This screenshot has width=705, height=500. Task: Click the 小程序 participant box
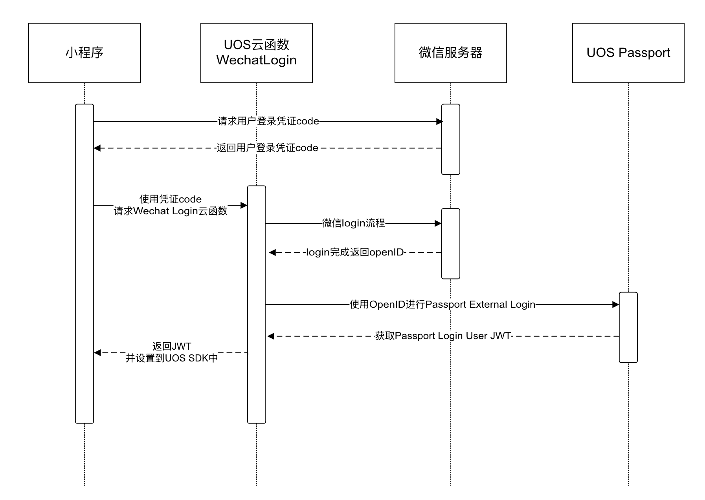(x=84, y=53)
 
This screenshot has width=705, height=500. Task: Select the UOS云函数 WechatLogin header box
(x=256, y=53)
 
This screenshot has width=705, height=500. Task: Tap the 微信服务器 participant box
(x=450, y=53)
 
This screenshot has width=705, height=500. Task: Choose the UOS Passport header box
(x=628, y=53)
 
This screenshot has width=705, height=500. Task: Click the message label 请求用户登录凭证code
(x=268, y=121)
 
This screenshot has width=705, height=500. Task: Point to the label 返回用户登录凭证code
(x=268, y=148)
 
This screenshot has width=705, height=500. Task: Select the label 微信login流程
(x=354, y=223)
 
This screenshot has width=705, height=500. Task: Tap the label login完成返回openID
(x=355, y=252)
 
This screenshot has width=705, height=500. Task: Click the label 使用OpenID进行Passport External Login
(x=442, y=305)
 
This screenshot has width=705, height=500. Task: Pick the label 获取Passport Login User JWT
(x=443, y=336)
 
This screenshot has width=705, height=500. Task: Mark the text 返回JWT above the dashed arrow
(x=172, y=346)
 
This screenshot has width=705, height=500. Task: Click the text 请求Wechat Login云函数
(x=171, y=211)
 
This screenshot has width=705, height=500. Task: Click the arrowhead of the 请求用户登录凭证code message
(x=439, y=122)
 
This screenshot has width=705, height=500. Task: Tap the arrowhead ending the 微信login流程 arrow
(x=438, y=224)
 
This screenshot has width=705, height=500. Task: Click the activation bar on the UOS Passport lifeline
(x=628, y=327)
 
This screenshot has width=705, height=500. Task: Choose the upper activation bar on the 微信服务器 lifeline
(x=450, y=139)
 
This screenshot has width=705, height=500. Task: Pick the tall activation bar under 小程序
(x=84, y=264)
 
